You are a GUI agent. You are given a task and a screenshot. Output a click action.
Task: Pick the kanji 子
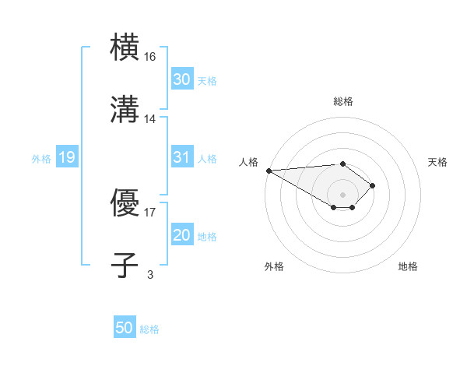pyautogui.click(x=125, y=264)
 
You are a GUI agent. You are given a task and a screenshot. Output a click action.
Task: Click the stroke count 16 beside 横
pyautogui.click(x=151, y=57)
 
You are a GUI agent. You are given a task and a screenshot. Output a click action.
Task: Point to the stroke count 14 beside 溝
pyautogui.click(x=151, y=118)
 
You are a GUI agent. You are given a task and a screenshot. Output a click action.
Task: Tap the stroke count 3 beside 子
pyautogui.click(x=150, y=273)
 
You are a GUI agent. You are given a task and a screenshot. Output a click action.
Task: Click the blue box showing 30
pyautogui.click(x=181, y=79)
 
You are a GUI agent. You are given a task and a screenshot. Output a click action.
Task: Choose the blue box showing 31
pyautogui.click(x=181, y=157)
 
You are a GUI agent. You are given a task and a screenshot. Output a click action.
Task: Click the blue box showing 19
pyautogui.click(x=66, y=158)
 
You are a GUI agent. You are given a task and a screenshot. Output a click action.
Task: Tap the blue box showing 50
pyautogui.click(x=125, y=329)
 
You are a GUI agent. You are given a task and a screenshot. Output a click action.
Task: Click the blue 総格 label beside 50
pyautogui.click(x=149, y=329)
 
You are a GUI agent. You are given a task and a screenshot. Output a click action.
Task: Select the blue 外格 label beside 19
pyautogui.click(x=41, y=159)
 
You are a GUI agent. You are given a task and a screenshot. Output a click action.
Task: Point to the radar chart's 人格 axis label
pyautogui.click(x=248, y=162)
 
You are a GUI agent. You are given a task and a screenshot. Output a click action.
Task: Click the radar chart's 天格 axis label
pyautogui.click(x=437, y=162)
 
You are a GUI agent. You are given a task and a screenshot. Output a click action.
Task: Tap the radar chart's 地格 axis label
pyautogui.click(x=408, y=266)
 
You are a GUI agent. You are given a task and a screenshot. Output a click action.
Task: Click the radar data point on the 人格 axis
pyautogui.click(x=268, y=171)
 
